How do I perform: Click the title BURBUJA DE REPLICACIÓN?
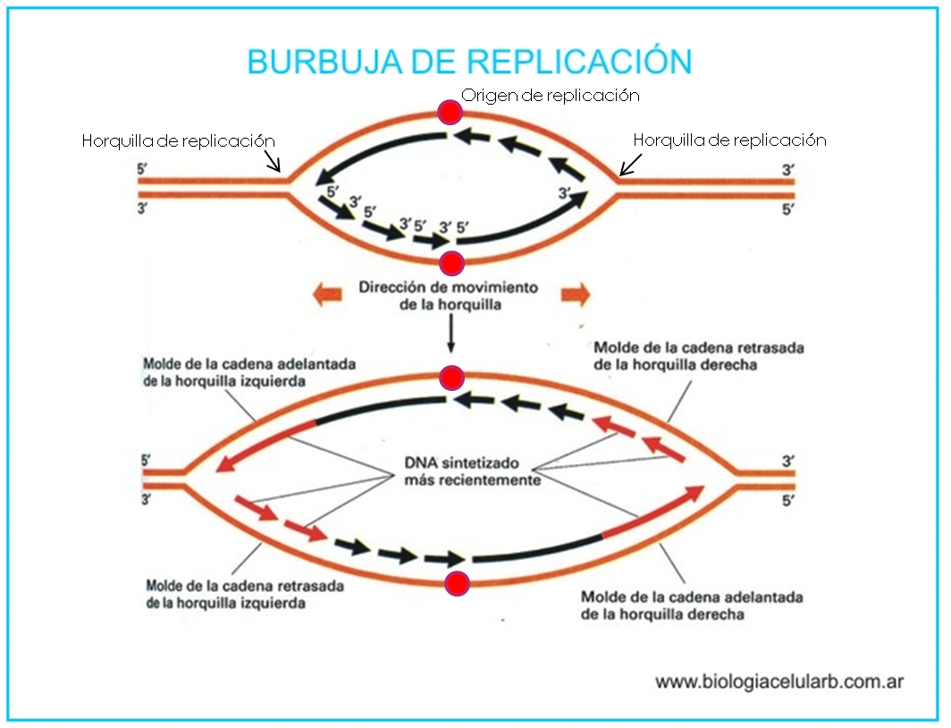click(x=469, y=62)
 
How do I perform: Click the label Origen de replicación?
click(x=551, y=94)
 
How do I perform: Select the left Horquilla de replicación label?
click(x=178, y=140)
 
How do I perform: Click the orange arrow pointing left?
click(x=327, y=294)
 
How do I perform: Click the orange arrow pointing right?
click(x=575, y=294)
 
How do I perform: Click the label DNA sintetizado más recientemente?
click(x=462, y=471)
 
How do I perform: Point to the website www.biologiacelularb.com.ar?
click(x=779, y=681)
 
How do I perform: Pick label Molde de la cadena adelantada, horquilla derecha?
click(x=691, y=605)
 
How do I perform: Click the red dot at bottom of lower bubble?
click(x=458, y=584)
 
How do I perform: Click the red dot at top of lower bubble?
click(x=452, y=377)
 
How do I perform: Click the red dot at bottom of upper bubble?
click(x=452, y=263)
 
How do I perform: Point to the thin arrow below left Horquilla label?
click(x=274, y=161)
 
